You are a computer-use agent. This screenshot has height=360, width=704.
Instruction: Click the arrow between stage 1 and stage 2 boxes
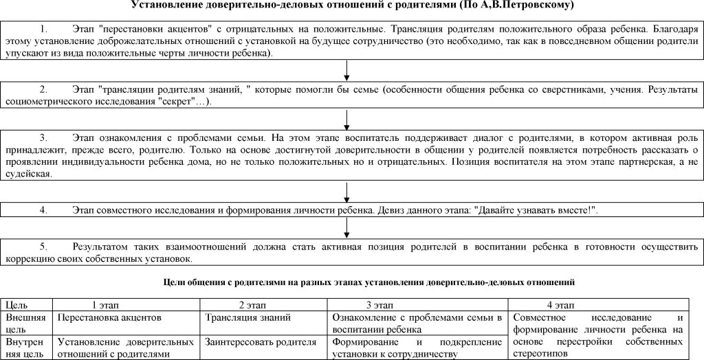click(x=346, y=70)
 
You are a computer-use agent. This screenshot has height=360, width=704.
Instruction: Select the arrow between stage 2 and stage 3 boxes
click(x=346, y=120)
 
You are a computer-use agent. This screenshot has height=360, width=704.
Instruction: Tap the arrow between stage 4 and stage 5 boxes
click(x=346, y=227)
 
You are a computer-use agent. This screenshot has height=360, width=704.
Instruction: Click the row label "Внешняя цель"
click(x=25, y=323)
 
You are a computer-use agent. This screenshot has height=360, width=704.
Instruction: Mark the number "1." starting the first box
click(x=45, y=30)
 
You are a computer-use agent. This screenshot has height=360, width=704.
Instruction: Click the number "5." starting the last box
click(x=45, y=246)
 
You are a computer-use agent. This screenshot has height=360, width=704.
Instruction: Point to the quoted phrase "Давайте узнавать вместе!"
click(x=535, y=210)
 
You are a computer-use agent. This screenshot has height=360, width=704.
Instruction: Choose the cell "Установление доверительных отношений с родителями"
click(x=126, y=348)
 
